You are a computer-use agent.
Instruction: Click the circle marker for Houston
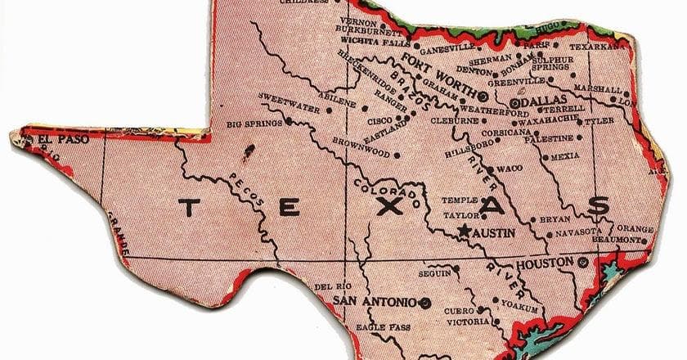(x=582, y=263)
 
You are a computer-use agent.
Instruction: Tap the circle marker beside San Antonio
(x=424, y=303)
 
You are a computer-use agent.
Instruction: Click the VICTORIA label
(x=466, y=322)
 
